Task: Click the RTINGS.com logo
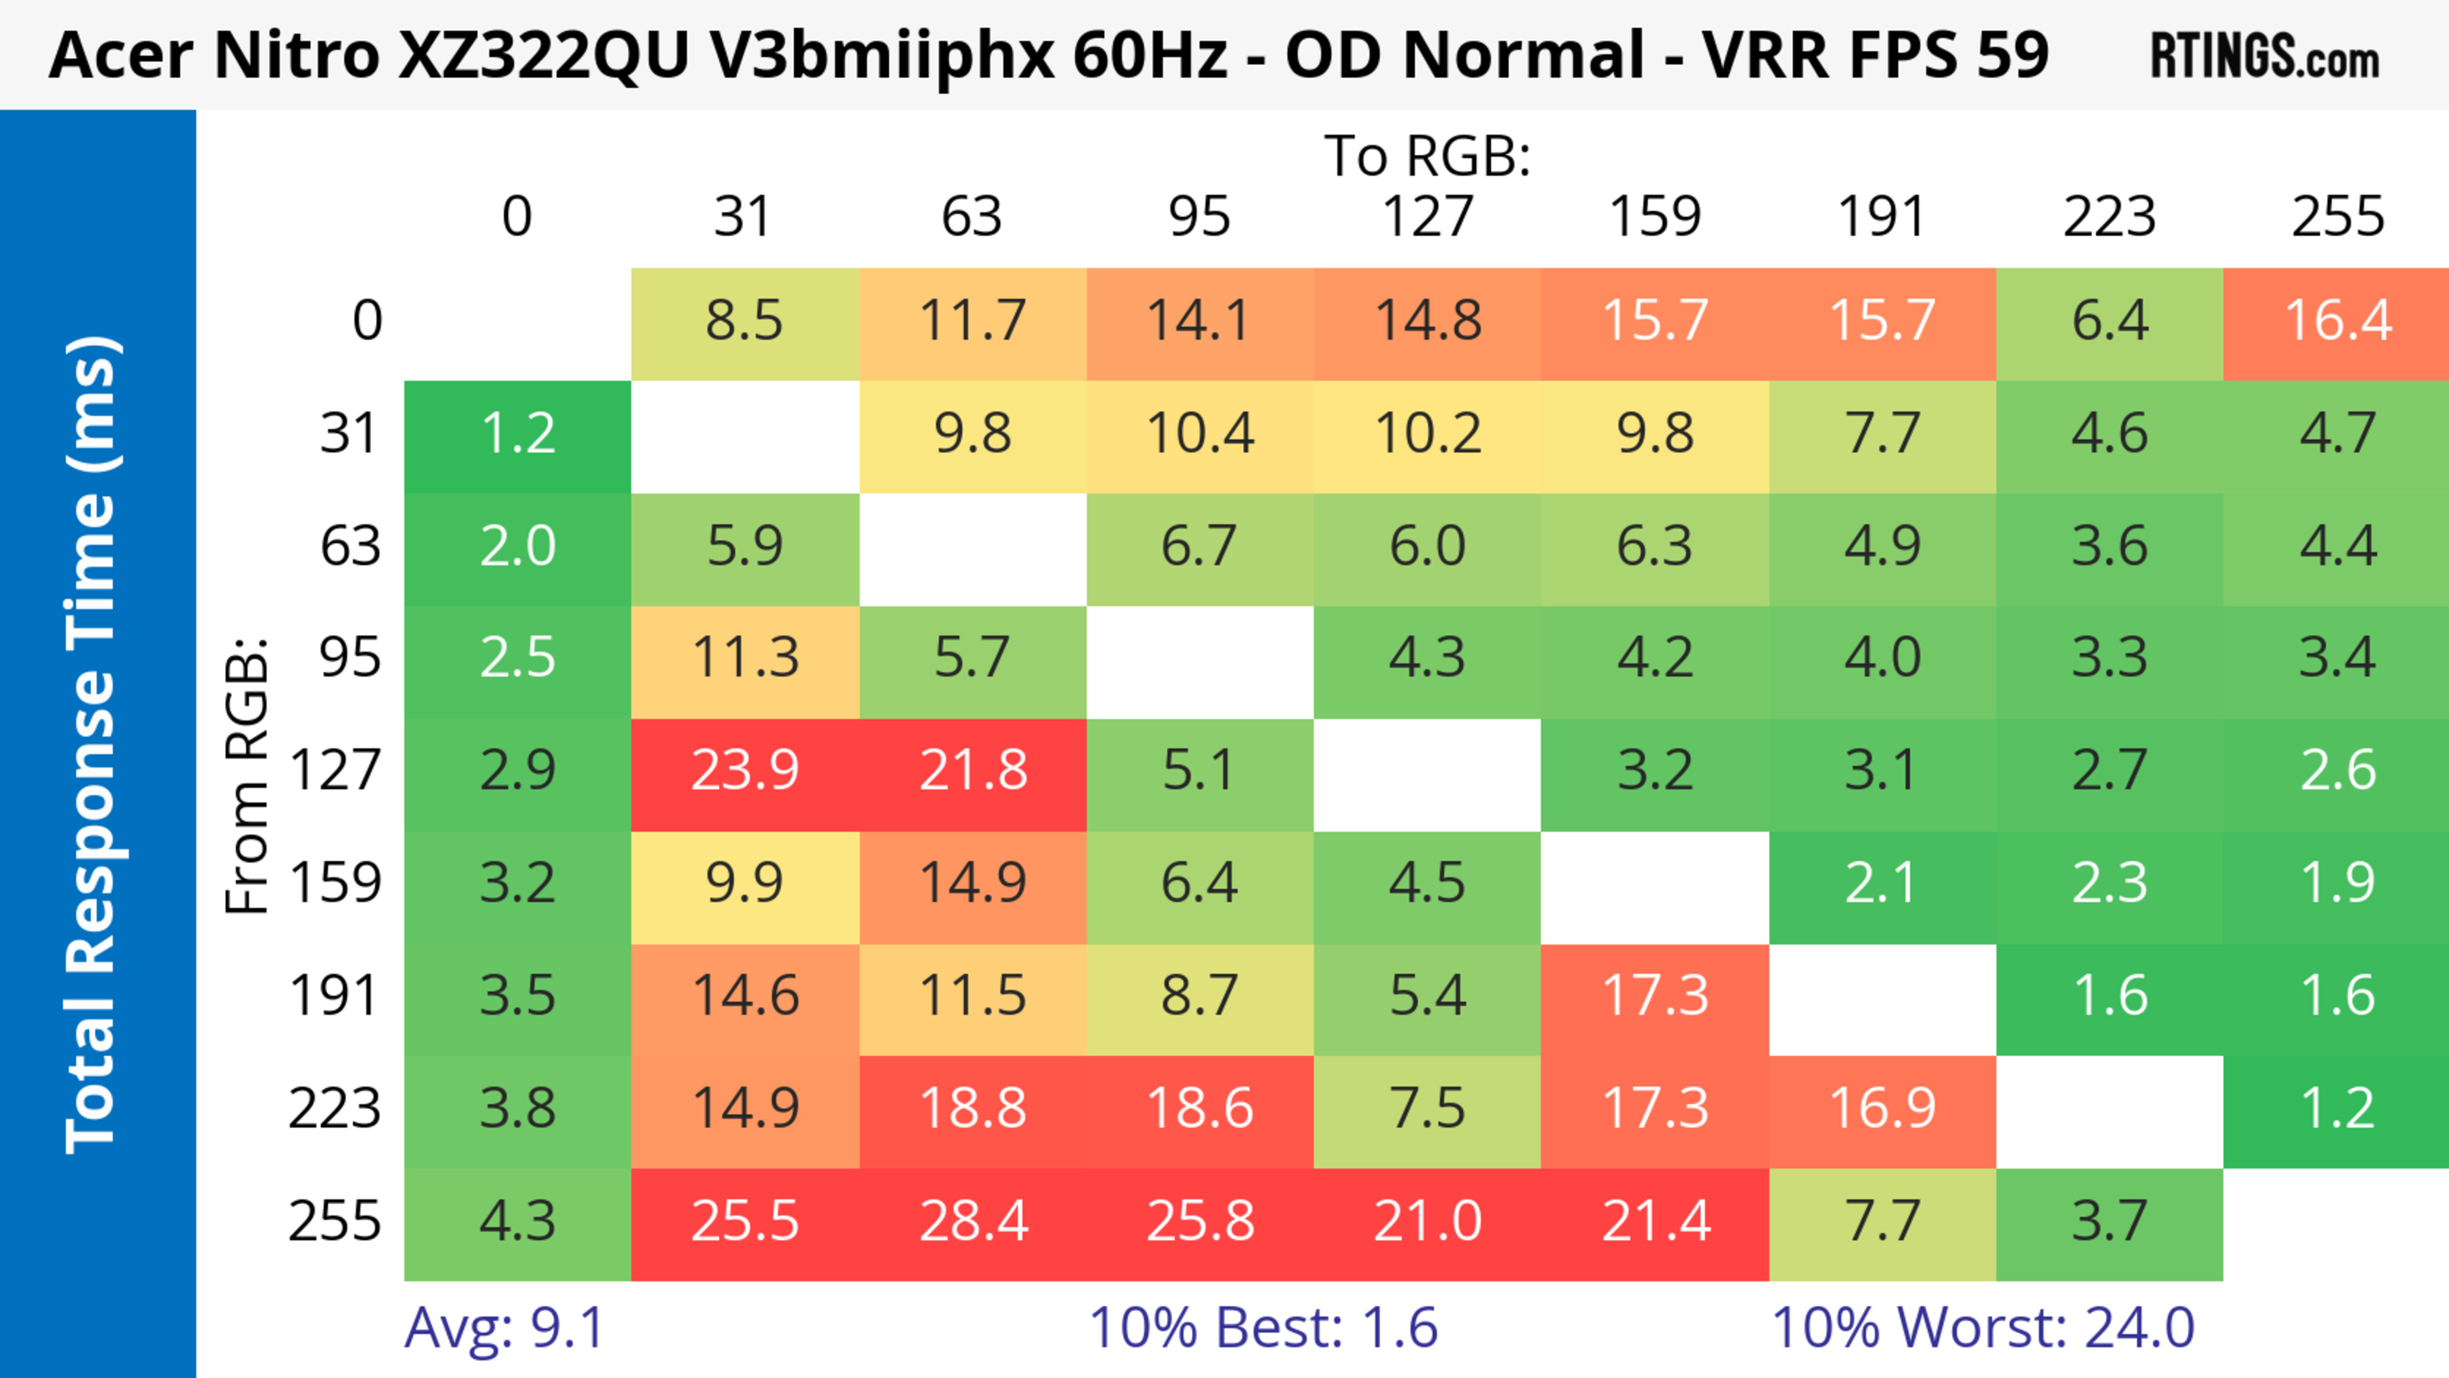[x=2265, y=56]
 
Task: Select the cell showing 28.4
[x=973, y=1221]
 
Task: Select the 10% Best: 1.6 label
[x=1263, y=1328]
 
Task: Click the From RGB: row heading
[x=247, y=775]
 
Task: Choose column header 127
[x=1427, y=217]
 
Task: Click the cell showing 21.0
[x=1427, y=1221]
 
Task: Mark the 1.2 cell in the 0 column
[x=517, y=434]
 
